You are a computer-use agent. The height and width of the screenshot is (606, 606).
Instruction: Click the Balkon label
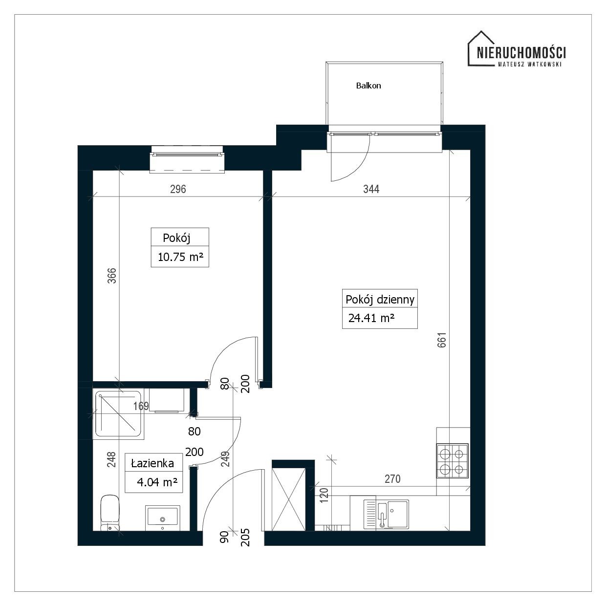click(368, 86)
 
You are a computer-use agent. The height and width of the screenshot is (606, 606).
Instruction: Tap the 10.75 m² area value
click(180, 257)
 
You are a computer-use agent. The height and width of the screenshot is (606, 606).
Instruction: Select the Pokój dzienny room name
click(380, 300)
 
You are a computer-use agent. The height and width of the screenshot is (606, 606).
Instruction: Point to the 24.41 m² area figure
click(371, 318)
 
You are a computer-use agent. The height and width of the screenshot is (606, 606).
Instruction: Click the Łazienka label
click(152, 463)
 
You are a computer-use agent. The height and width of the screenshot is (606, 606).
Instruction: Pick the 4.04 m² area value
click(157, 482)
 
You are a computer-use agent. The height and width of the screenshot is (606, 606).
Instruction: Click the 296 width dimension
click(178, 189)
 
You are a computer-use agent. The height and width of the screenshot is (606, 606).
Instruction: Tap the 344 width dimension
click(371, 189)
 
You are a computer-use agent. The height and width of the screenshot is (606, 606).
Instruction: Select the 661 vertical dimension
click(442, 340)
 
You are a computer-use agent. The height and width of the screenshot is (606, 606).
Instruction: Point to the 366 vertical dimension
click(112, 276)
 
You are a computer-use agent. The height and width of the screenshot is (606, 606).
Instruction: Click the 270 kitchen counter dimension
click(392, 479)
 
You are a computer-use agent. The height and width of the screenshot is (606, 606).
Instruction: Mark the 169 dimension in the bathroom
click(141, 406)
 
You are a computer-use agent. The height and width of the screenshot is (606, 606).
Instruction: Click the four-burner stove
click(453, 460)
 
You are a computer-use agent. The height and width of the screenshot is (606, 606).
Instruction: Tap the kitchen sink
click(386, 514)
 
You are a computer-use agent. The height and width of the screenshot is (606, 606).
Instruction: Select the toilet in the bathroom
click(110, 513)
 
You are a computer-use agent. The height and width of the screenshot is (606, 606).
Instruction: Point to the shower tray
click(119, 414)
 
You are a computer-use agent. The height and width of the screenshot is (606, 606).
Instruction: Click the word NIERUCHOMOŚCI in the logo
click(521, 52)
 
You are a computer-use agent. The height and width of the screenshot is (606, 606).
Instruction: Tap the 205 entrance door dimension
click(245, 537)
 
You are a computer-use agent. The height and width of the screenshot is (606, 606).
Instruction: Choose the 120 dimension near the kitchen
click(324, 495)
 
